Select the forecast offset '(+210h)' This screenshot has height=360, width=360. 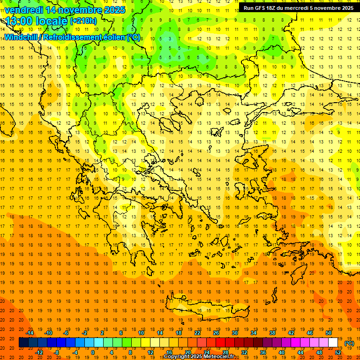[83, 21]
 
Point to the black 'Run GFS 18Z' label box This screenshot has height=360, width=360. [298, 7]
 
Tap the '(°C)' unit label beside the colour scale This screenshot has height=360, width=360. [349, 343]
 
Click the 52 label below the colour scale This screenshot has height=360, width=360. [337, 352]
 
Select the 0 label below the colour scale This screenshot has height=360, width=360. [92, 352]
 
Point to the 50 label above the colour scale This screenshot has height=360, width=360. [328, 333]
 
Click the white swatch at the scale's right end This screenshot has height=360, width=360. [333, 342]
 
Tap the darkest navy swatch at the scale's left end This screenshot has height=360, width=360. [23, 342]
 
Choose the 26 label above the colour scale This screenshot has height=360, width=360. [216, 333]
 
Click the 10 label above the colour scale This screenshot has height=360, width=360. [141, 333]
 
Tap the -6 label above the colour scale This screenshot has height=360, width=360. [66, 333]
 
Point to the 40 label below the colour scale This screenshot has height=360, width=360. [281, 352]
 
